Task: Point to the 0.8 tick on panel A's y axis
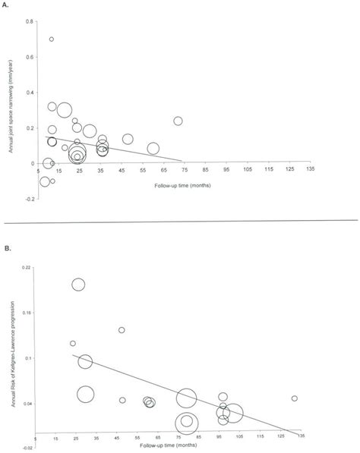(30, 20)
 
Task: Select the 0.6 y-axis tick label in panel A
(30, 56)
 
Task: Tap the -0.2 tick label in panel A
(29, 200)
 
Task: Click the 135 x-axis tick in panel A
(309, 171)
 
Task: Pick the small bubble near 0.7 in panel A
(52, 39)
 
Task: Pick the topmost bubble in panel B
(78, 285)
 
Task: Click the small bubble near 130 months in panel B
(295, 398)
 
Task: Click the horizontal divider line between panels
(180, 220)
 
